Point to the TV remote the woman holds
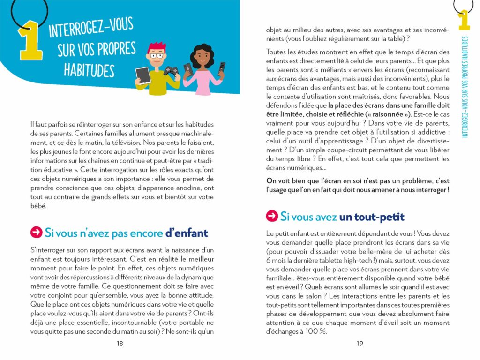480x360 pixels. [223, 69]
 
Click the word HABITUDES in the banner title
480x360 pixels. [89, 70]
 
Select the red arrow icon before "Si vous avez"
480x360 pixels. [271, 216]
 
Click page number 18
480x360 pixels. [120, 344]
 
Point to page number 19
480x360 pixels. [360, 344]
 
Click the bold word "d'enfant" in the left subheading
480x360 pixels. [186, 233]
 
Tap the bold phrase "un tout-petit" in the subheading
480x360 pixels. [372, 217]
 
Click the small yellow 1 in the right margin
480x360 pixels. [464, 20]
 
